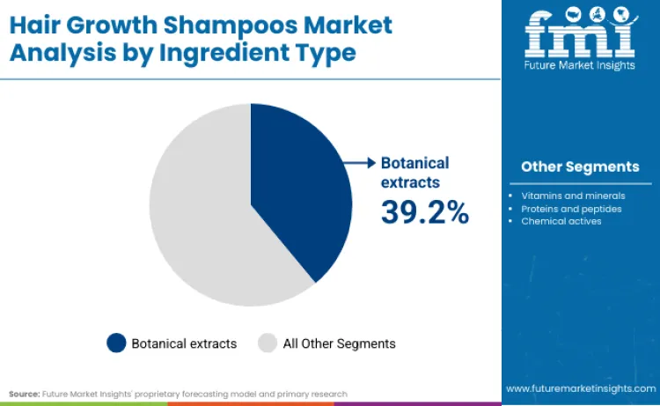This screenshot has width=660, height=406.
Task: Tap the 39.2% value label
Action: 425,211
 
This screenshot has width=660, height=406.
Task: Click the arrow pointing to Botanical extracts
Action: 358,162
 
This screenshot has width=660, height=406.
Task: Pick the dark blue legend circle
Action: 116,343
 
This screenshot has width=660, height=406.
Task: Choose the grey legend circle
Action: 268,343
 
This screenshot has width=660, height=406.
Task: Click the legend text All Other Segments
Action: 339,343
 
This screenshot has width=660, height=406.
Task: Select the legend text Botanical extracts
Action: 184,343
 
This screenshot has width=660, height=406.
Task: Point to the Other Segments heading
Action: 580,166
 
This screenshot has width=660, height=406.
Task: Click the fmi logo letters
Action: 580,33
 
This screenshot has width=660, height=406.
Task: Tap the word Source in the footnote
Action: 25,393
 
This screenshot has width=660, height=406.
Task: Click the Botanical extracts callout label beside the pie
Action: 414,172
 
